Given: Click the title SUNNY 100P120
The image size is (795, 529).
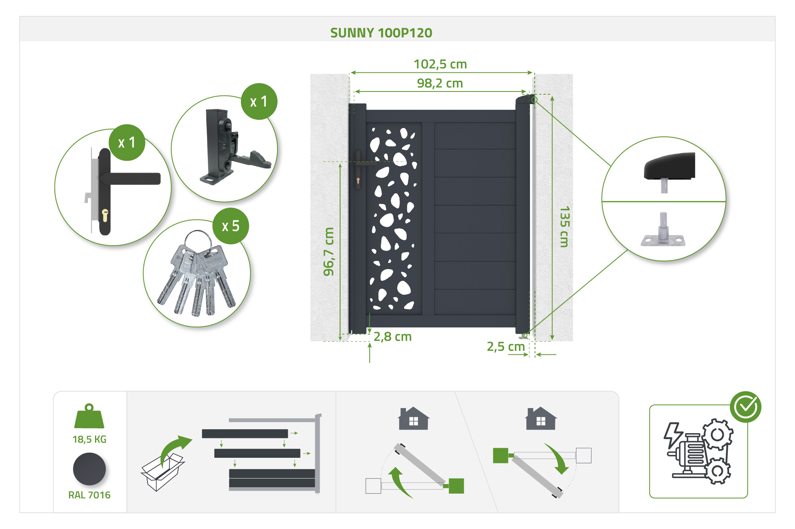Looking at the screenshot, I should click(381, 33).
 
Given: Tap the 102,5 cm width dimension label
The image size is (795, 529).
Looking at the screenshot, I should click(440, 64).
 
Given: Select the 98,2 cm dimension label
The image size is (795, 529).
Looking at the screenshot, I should click(440, 83).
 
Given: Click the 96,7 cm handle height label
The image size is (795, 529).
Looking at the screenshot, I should click(329, 251).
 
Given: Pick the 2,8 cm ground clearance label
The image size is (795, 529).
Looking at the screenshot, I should click(392, 336).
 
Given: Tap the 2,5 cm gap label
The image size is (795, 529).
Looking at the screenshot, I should click(506, 346).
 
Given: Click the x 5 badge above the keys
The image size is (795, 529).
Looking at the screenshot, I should click(231, 226).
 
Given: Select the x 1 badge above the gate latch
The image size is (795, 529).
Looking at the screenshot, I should click(259, 101).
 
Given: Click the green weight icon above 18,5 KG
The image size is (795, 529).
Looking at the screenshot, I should click(89, 416).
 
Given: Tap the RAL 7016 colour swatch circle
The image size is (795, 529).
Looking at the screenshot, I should click(89, 469).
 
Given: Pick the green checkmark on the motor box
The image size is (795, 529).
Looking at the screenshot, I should click(745, 407).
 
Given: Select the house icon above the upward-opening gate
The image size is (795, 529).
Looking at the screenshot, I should click(413, 418).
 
